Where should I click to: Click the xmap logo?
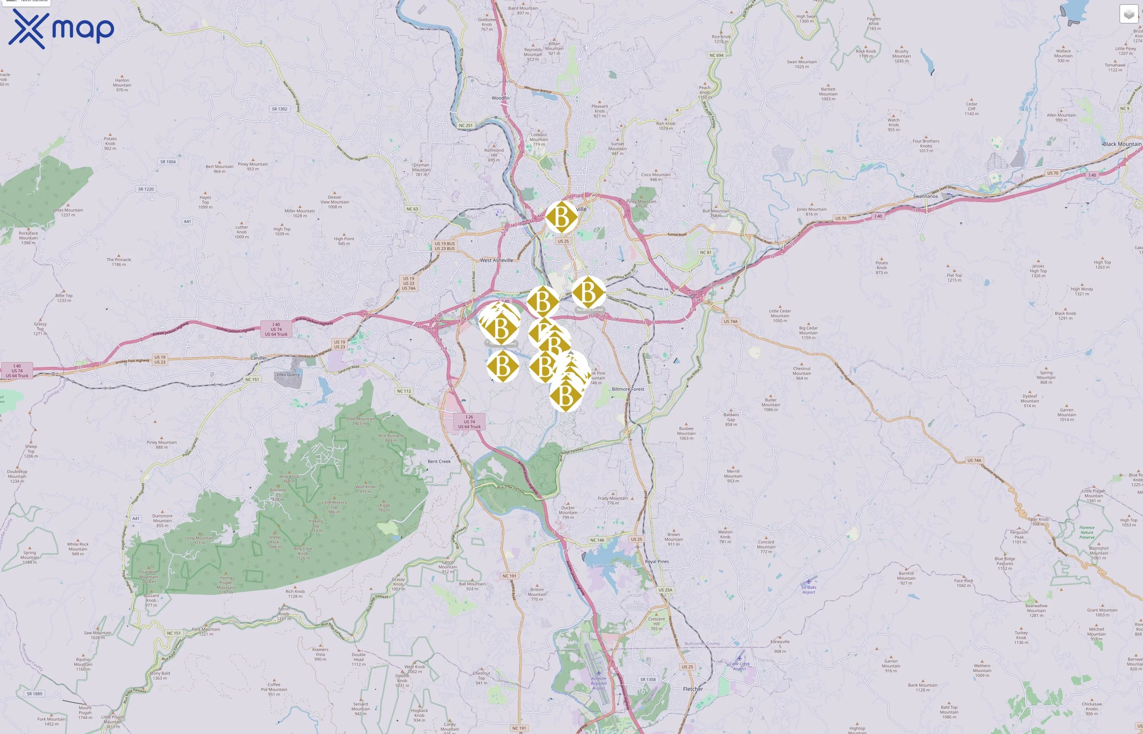(x=61, y=29)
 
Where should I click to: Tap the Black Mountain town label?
(x=1122, y=144)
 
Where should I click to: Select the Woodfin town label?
(x=500, y=98)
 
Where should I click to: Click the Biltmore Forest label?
(x=628, y=389)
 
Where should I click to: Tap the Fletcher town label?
(x=693, y=689)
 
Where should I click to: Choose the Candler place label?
(x=258, y=358)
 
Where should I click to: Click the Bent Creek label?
(x=439, y=461)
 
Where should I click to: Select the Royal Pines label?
(x=656, y=562)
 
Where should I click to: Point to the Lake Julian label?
(x=605, y=566)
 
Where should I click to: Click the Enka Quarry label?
(x=288, y=375)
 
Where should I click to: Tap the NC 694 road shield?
(x=716, y=55)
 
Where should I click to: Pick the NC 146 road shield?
(x=597, y=540)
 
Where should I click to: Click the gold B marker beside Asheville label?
(x=561, y=217)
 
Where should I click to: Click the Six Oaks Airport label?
(x=808, y=590)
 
